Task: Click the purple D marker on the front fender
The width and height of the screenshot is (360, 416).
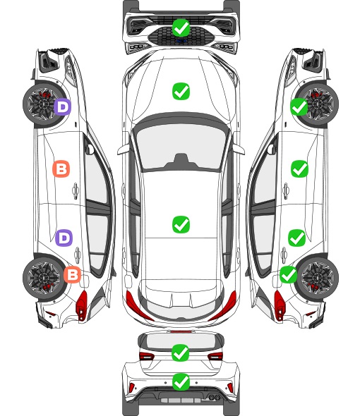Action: (63, 106)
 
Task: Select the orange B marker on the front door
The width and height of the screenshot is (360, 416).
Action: (61, 169)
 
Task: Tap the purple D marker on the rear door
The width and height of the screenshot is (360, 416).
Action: (64, 238)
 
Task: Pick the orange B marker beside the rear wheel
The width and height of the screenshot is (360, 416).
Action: (72, 274)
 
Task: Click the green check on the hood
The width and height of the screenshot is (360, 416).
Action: (181, 91)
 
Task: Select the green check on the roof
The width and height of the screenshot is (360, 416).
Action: (181, 224)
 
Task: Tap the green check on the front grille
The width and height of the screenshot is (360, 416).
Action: (181, 27)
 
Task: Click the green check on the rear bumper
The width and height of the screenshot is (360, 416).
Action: (181, 382)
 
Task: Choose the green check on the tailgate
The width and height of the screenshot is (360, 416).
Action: (181, 353)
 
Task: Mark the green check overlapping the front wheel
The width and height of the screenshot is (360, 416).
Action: (299, 106)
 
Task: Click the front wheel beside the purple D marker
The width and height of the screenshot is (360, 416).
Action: (43, 104)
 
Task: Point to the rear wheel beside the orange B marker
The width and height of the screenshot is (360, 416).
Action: (43, 277)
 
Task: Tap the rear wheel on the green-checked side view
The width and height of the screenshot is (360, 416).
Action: (318, 277)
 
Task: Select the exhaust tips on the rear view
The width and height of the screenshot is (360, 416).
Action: (214, 397)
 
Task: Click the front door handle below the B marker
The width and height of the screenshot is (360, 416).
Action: (76, 190)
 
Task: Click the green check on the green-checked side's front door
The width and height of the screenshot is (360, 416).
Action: (300, 169)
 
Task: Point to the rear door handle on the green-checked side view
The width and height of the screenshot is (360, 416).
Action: (284, 255)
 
